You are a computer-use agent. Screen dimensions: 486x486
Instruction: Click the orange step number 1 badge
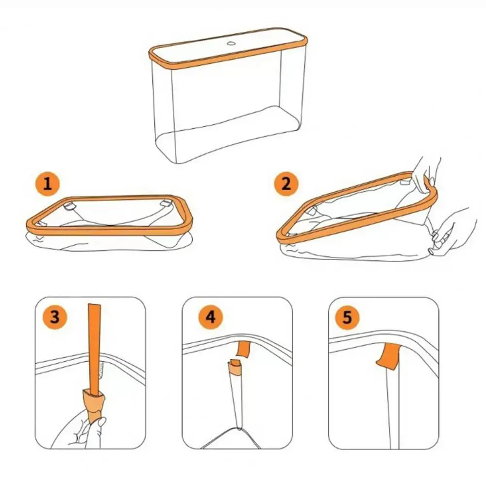[x=47, y=184]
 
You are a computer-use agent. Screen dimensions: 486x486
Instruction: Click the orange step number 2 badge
[x=285, y=184]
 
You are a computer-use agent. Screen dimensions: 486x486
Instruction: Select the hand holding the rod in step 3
[x=78, y=430]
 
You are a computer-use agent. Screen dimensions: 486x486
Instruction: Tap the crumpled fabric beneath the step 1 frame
[x=107, y=243]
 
